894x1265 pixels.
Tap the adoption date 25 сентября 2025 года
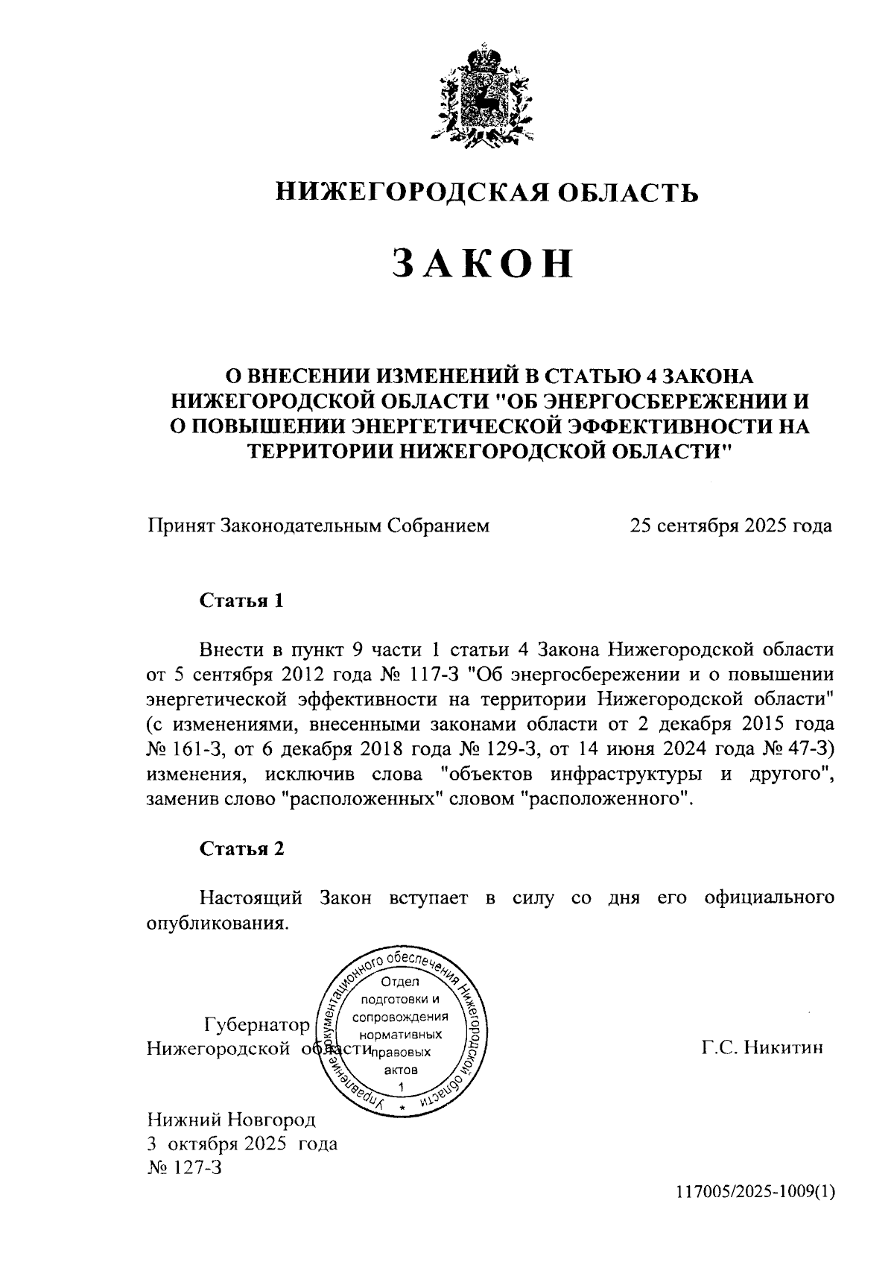[x=731, y=526]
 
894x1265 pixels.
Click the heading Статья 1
[x=241, y=601]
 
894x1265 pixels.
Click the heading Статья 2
[x=241, y=848]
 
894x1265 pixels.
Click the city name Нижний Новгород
[x=232, y=1119]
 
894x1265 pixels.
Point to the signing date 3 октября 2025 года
[x=242, y=1143]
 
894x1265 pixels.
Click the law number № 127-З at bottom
[x=185, y=1167]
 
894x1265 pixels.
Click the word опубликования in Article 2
[x=216, y=923]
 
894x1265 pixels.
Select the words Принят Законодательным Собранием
[x=318, y=526]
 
